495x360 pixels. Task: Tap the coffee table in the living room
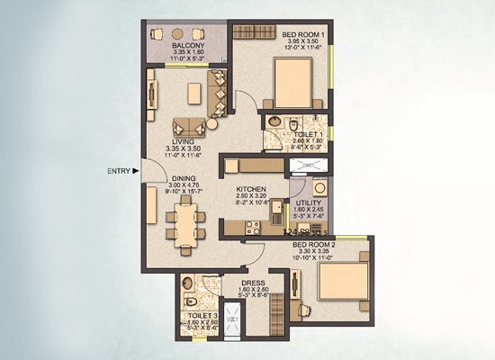pos(193,93)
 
